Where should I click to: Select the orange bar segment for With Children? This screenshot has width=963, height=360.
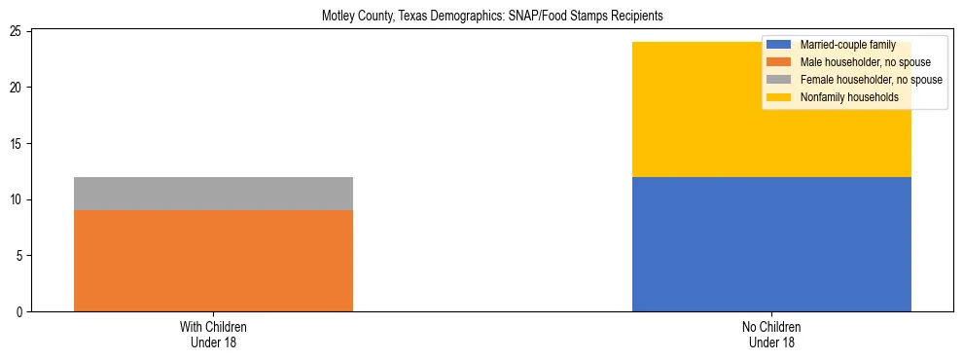[x=213, y=261]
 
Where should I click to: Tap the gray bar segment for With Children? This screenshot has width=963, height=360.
[x=213, y=194]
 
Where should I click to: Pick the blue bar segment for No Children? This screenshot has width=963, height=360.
[x=771, y=244]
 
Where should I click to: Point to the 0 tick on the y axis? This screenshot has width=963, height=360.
[x=20, y=312]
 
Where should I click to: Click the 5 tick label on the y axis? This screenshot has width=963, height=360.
[x=20, y=256]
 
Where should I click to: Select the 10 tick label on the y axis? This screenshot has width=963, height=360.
[x=18, y=200]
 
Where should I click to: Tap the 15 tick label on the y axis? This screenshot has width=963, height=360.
[x=18, y=144]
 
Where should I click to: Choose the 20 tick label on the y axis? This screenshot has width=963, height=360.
[x=18, y=88]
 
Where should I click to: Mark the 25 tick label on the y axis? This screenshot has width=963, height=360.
[x=18, y=32]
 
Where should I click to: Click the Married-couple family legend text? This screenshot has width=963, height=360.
[x=847, y=46]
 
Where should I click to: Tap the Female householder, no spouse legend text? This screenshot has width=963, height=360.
[x=871, y=80]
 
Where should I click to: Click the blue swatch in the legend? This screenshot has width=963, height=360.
[x=779, y=46]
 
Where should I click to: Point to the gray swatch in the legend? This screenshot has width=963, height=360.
[x=779, y=80]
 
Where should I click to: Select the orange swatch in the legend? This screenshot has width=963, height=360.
[x=779, y=63]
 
